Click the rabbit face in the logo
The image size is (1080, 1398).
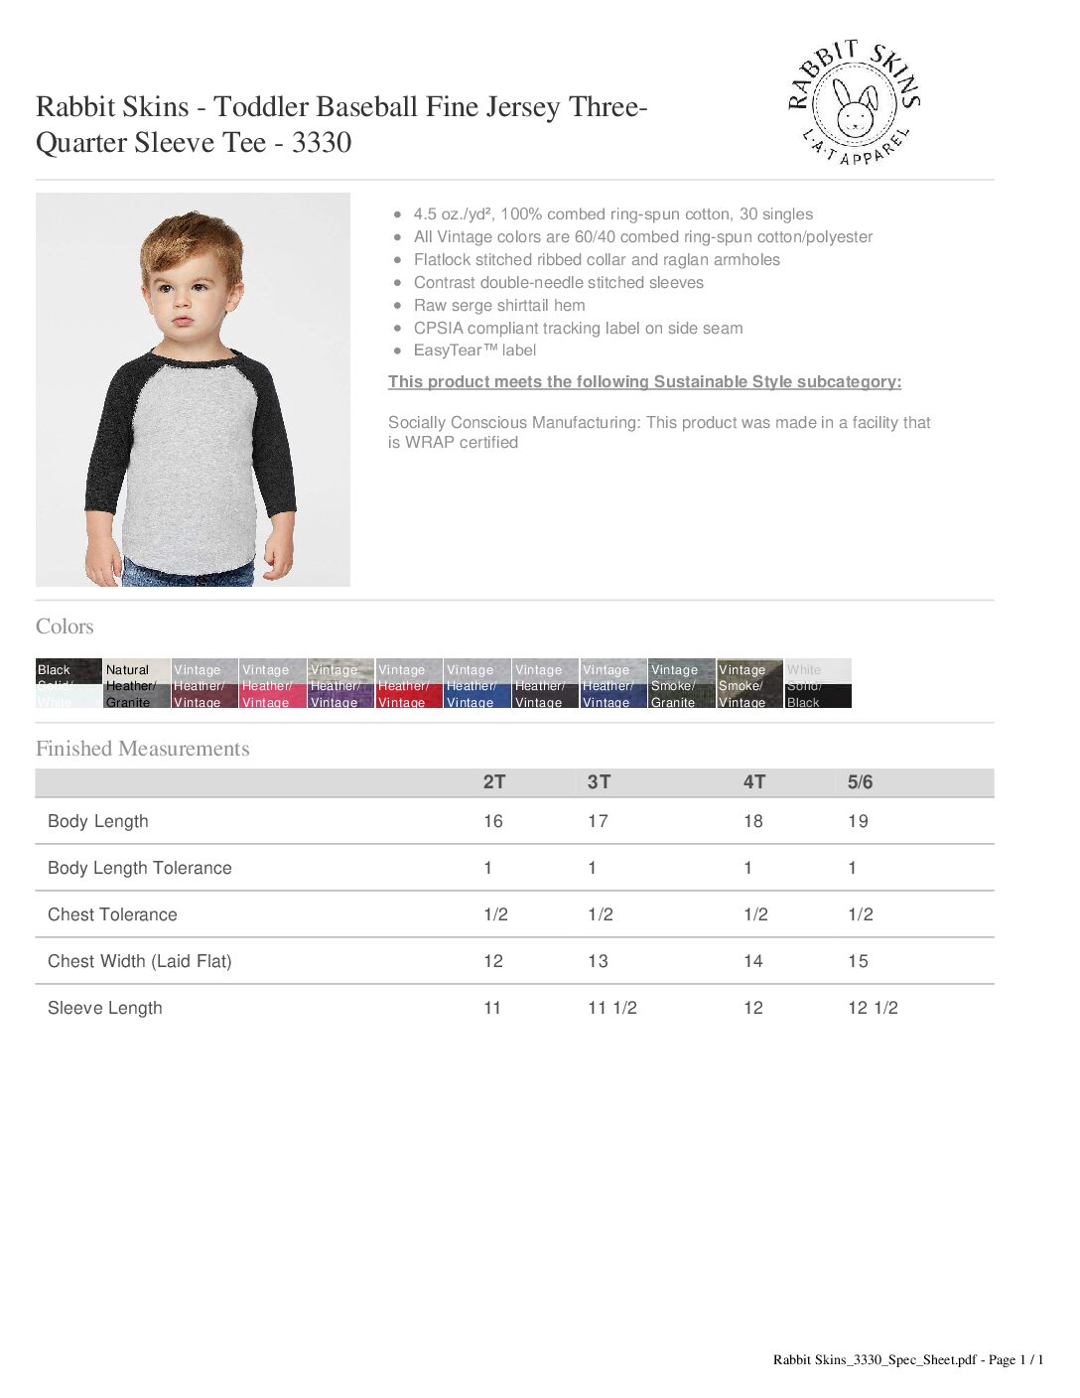854,107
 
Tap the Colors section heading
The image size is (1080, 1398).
65,627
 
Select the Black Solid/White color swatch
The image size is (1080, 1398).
68,684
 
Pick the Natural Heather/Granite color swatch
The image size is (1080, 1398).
137,684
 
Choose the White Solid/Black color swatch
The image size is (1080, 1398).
818,684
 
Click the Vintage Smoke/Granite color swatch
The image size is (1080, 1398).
681,684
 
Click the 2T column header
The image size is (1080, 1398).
494,782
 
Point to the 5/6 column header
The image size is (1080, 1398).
860,782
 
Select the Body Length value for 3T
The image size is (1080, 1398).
598,821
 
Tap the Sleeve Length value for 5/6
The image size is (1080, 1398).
873,1008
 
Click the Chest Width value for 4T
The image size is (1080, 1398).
753,961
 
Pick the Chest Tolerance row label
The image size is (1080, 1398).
112,914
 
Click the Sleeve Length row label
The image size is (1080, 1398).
104,1008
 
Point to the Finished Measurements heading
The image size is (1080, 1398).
142,749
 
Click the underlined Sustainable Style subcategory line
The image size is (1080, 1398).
644,382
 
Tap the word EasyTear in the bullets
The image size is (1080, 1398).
448,350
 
